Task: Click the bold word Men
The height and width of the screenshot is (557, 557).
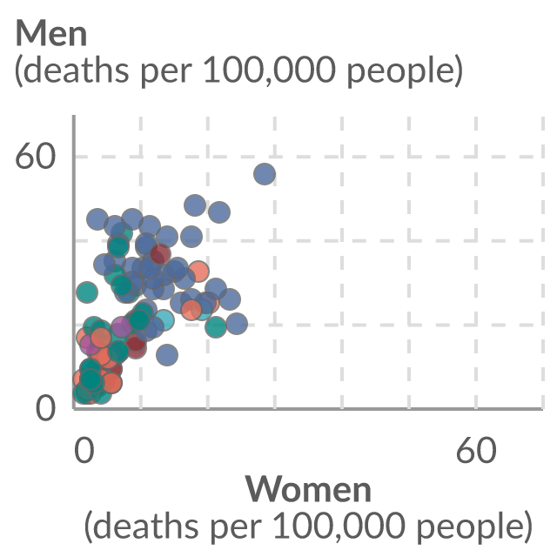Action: coord(51,33)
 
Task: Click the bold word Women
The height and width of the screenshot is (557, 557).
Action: coord(308,489)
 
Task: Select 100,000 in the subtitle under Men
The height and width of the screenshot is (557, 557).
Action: coord(270,70)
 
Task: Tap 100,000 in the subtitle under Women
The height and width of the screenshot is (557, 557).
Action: coord(339,526)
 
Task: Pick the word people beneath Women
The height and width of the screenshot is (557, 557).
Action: coord(470,527)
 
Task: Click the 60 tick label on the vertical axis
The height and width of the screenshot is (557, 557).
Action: coord(36,157)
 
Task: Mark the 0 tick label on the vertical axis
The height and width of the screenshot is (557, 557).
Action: coord(46,408)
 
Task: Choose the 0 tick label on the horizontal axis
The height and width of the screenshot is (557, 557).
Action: coord(84,450)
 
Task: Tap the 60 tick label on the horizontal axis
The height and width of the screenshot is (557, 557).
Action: coord(476,450)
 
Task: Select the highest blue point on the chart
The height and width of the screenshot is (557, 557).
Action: coord(265,174)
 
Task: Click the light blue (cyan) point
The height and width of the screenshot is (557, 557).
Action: coord(164,319)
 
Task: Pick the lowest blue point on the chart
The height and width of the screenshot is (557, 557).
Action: coord(167,354)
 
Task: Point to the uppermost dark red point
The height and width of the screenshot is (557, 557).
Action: coord(160,254)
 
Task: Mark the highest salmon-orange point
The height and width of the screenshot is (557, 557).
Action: coord(198,271)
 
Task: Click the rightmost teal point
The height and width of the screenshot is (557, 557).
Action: coord(216,326)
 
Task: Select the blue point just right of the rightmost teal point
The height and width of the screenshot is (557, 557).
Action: coord(237,324)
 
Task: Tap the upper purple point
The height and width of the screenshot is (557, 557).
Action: coord(122,327)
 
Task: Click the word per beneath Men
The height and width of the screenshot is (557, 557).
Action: coord(166,73)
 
